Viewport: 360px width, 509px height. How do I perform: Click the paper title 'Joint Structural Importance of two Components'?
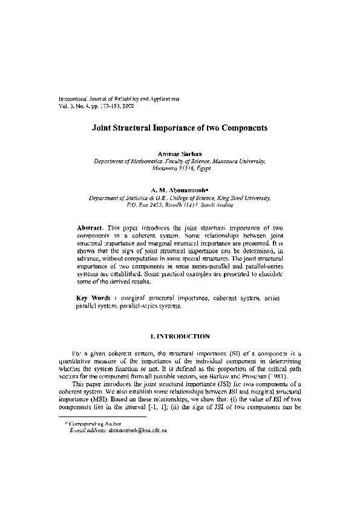coord(179,129)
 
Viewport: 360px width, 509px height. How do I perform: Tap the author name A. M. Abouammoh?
coord(180,190)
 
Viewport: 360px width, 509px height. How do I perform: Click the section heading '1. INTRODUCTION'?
coord(180,336)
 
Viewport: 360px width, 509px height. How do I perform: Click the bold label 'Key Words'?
coord(93,299)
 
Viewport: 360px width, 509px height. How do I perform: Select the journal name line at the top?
coord(118,98)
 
